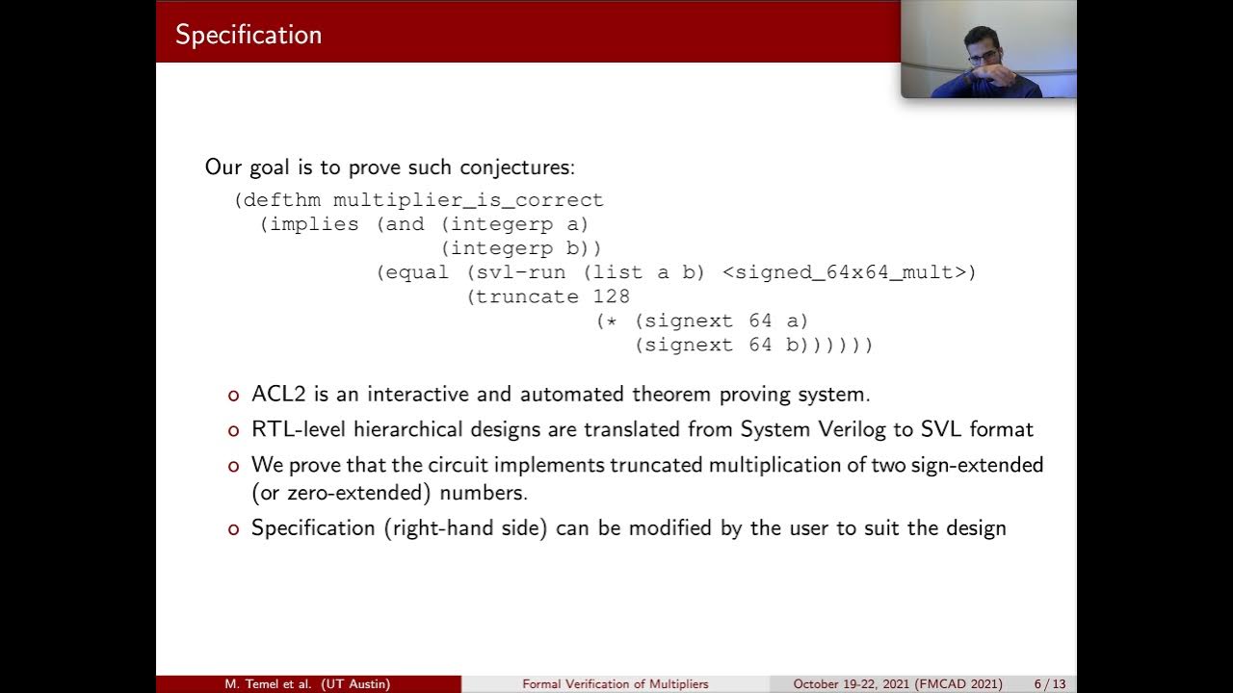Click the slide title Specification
point(249,35)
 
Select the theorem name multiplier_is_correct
point(468,200)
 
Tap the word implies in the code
point(314,224)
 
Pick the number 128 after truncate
point(612,296)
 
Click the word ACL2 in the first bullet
point(274,394)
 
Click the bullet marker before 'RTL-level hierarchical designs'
point(232,430)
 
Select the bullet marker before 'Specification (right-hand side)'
point(232,528)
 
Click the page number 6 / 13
point(1050,684)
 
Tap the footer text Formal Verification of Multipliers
point(616,684)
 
